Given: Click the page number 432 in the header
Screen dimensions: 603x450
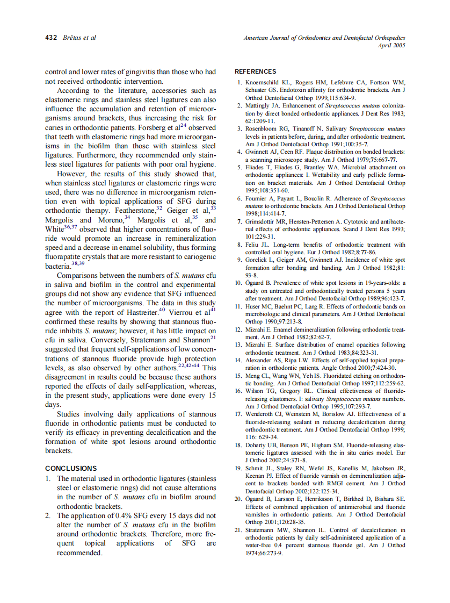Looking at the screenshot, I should (x=51, y=38).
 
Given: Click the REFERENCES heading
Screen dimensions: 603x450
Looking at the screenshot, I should (x=256, y=71).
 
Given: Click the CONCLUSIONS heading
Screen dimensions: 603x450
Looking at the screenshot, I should (x=71, y=469).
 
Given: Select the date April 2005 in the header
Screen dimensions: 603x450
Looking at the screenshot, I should (x=391, y=46).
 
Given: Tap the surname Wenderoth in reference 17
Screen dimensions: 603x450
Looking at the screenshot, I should (x=262, y=414).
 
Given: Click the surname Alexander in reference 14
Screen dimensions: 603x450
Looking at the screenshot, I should (x=260, y=360).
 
